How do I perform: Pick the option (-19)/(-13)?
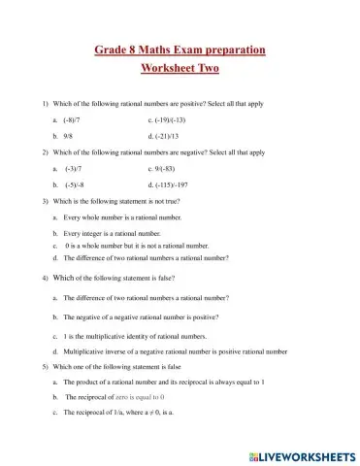tap(167, 119)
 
